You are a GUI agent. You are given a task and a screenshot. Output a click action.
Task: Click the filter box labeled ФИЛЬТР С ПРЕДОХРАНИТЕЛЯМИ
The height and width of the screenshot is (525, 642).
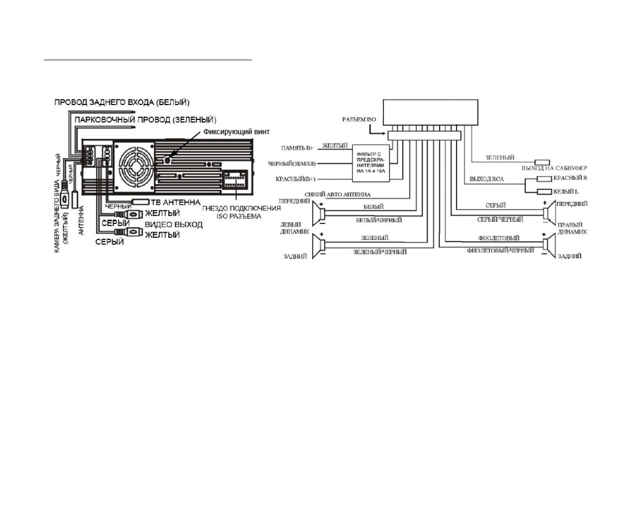pyautogui.click(x=370, y=163)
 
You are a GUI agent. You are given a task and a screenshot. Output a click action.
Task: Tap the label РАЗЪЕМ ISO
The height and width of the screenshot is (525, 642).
pyautogui.click(x=359, y=119)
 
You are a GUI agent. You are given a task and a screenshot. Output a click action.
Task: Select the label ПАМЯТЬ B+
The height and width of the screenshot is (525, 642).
pyautogui.click(x=297, y=148)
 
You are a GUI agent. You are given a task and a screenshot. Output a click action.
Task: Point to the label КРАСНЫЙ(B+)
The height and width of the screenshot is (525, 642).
pyautogui.click(x=296, y=180)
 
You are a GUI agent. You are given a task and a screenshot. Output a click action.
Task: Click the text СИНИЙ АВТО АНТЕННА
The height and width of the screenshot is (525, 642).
pyautogui.click(x=337, y=195)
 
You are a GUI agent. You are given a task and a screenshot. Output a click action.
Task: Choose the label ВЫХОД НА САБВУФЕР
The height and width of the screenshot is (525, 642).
pyautogui.click(x=554, y=168)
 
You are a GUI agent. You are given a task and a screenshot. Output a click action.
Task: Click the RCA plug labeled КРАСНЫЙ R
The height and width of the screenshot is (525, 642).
pyautogui.click(x=544, y=179)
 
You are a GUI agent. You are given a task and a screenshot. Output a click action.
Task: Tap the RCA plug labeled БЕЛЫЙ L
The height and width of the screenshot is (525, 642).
pyautogui.click(x=544, y=192)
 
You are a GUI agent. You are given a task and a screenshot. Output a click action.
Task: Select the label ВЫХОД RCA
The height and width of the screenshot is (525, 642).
pyautogui.click(x=487, y=179)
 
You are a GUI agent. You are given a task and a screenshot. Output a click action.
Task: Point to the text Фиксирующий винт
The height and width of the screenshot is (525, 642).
pyautogui.click(x=236, y=132)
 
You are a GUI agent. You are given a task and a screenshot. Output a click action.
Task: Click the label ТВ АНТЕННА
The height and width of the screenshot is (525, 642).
pyautogui.click(x=175, y=202)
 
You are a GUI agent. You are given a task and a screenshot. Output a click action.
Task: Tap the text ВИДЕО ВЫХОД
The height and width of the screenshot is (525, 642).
pyautogui.click(x=173, y=224)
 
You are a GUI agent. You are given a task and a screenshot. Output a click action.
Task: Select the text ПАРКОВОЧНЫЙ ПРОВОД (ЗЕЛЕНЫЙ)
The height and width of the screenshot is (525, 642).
pyautogui.click(x=145, y=119)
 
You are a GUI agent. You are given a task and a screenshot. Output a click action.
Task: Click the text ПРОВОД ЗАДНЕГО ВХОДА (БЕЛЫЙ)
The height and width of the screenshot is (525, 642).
pyautogui.click(x=122, y=102)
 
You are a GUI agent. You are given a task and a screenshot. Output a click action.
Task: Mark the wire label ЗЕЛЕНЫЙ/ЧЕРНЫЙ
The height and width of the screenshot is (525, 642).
pyautogui.click(x=380, y=252)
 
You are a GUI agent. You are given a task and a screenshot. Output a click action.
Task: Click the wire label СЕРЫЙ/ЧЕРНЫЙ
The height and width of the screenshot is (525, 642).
pyautogui.click(x=500, y=220)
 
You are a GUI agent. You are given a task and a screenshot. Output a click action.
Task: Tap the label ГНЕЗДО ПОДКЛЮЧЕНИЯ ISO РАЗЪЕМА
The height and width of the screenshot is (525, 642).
pyautogui.click(x=241, y=212)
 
